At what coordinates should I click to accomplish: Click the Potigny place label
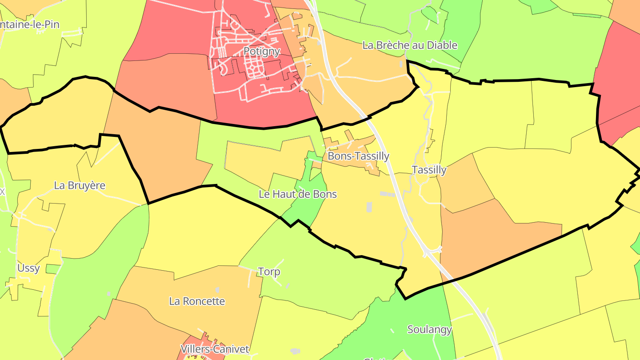coord(261,51)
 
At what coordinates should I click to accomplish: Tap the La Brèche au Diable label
coord(410,45)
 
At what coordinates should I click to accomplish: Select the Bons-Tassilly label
coord(358,156)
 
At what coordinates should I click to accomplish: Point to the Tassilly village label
coord(429,170)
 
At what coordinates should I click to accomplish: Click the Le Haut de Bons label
coord(298,194)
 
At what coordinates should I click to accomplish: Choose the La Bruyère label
coord(80,185)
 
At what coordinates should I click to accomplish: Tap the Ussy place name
coord(28,268)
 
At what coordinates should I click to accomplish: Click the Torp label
coord(269,272)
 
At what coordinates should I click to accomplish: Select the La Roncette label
coord(197,301)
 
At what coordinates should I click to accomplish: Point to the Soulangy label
coord(429,330)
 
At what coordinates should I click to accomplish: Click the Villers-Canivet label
coord(215,349)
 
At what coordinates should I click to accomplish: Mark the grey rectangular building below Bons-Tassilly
coord(369,207)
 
